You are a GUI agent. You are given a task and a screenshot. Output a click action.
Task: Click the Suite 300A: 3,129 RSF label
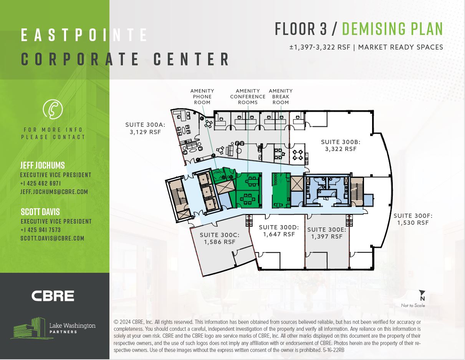pyautogui.click(x=145, y=128)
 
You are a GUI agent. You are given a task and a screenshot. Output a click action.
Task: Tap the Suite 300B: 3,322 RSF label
pyautogui.click(x=341, y=145)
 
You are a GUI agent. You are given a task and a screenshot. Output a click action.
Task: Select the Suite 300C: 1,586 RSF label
pyautogui.click(x=220, y=238)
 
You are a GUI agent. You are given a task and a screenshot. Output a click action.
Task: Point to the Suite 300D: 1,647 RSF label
pyautogui.click(x=279, y=231)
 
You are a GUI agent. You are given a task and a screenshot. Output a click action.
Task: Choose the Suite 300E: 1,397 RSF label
pyautogui.click(x=327, y=233)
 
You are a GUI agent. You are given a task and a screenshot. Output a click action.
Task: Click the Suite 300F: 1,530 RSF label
pyautogui.click(x=413, y=219)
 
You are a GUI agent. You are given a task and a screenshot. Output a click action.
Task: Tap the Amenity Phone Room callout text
pyautogui.click(x=202, y=96)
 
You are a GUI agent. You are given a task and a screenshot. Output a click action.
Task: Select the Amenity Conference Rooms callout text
pyautogui.click(x=248, y=96)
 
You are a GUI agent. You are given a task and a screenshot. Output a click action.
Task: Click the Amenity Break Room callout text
pyautogui.click(x=281, y=96)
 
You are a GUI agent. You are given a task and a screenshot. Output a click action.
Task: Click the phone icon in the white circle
pyautogui.click(x=53, y=109)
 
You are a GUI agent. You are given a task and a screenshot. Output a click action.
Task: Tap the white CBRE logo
pyautogui.click(x=53, y=296)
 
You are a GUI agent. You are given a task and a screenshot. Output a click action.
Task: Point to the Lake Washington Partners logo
pyautogui.click(x=53, y=328)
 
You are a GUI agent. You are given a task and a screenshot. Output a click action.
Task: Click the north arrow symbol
pyautogui.click(x=422, y=295)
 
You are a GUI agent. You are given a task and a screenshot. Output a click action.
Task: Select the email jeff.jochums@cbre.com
pyautogui.click(x=54, y=192)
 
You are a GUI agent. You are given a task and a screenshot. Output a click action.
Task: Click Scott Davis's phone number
pyautogui.click(x=41, y=230)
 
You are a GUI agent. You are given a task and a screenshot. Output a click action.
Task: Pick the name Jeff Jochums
pyautogui.click(x=42, y=165)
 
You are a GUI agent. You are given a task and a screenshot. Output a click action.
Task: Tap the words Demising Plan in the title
pyautogui.click(x=392, y=29)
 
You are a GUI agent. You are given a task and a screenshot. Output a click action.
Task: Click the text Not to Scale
pyautogui.click(x=413, y=305)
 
